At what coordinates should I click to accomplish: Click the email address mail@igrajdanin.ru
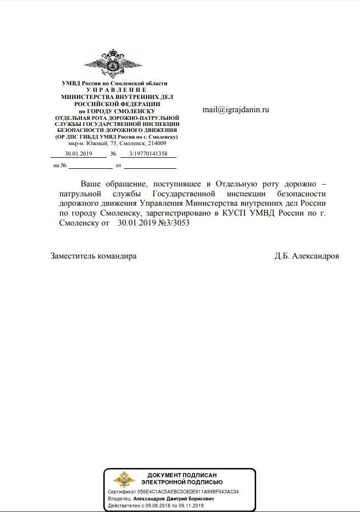(x=235, y=109)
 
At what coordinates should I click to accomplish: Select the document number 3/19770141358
(x=148, y=153)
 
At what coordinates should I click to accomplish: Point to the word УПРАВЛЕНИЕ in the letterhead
(x=117, y=89)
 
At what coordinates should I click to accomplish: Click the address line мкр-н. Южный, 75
(x=117, y=143)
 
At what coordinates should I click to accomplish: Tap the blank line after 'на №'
(x=90, y=166)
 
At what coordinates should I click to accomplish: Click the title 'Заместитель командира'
(x=93, y=256)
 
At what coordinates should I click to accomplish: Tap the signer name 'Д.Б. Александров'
(x=307, y=256)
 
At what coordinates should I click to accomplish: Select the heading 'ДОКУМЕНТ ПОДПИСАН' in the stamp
(x=182, y=475)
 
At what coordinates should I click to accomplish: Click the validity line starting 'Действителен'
(x=156, y=505)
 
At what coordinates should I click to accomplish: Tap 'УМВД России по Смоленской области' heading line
(x=117, y=83)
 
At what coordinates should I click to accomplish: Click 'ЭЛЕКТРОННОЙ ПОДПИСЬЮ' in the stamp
(x=182, y=482)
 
